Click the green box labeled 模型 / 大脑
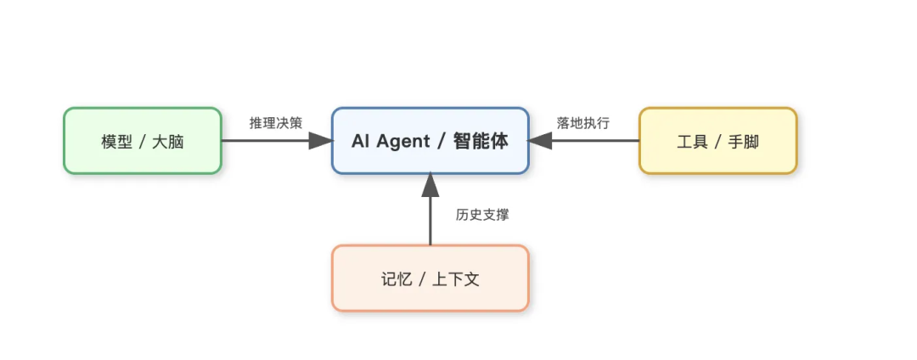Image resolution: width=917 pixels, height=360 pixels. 143,141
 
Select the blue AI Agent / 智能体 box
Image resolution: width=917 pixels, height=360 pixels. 430,141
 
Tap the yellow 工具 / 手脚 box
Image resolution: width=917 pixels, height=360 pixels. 717,141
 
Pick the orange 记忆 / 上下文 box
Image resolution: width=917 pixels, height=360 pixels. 430,278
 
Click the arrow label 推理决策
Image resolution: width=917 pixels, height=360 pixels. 276,123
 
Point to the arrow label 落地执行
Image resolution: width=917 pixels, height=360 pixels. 583,123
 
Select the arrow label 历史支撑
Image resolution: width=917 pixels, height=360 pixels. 482,215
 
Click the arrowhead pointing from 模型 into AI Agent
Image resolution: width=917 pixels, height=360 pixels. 320,141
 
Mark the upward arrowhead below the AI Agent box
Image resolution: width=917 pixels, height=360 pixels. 430,183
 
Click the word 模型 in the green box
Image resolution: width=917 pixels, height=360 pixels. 116,142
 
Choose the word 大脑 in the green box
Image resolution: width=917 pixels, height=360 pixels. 168,142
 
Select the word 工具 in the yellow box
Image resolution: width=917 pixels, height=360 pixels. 693,142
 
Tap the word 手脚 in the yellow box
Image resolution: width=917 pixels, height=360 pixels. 744,142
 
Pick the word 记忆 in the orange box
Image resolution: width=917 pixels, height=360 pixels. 397,279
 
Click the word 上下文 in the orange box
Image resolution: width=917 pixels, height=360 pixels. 456,279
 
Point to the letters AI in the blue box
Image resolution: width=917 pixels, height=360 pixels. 361,141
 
